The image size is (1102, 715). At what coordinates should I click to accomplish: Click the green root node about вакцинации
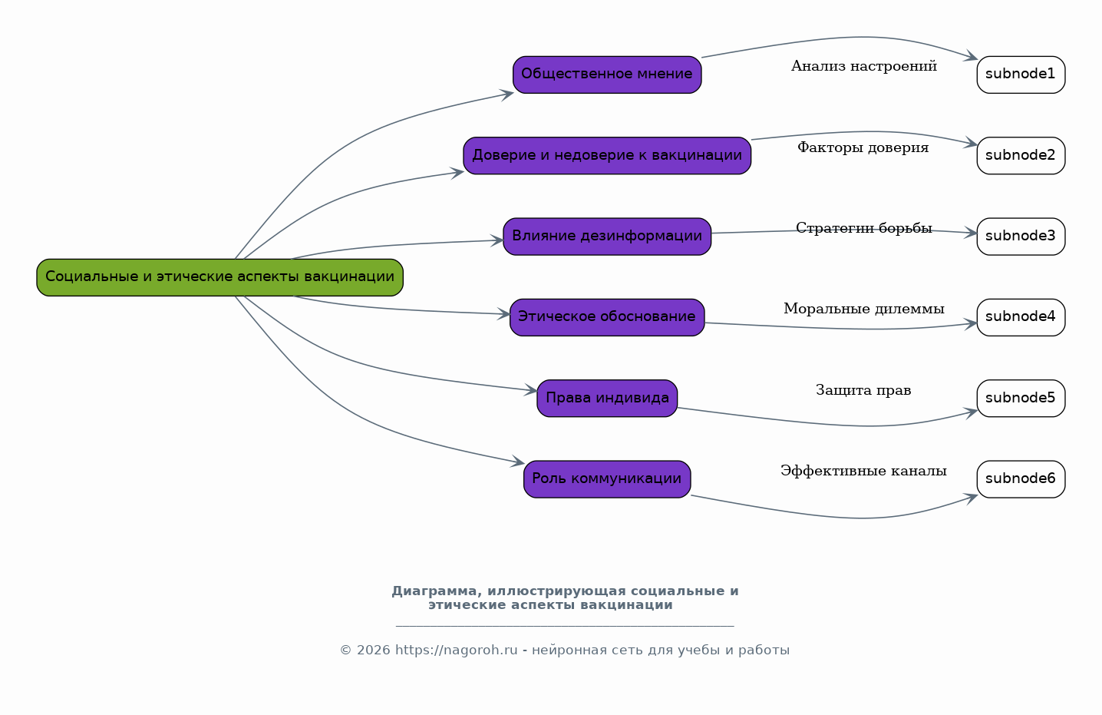[220, 277]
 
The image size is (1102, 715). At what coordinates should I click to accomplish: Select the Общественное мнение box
[607, 74]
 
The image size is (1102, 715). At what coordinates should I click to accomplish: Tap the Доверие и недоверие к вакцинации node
[607, 156]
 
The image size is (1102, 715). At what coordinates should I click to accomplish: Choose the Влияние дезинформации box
[607, 237]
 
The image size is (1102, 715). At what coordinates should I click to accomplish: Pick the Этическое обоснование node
[607, 317]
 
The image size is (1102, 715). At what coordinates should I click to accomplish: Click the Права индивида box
[607, 399]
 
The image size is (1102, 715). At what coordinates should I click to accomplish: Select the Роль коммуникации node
[607, 479]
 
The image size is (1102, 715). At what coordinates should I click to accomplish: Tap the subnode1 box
[1021, 74]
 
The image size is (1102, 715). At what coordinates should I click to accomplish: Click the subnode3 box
[1021, 237]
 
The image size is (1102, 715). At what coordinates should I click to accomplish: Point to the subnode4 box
[1021, 317]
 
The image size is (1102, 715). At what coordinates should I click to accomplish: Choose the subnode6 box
[1021, 479]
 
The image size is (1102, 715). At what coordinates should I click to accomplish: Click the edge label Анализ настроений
[864, 66]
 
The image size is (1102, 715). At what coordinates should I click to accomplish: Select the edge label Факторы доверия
[863, 147]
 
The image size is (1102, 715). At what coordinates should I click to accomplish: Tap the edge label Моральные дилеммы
[864, 309]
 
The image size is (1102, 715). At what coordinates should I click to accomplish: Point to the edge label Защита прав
[863, 390]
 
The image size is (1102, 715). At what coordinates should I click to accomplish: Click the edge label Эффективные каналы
[863, 471]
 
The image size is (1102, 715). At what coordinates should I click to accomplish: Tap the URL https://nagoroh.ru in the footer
[457, 650]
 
